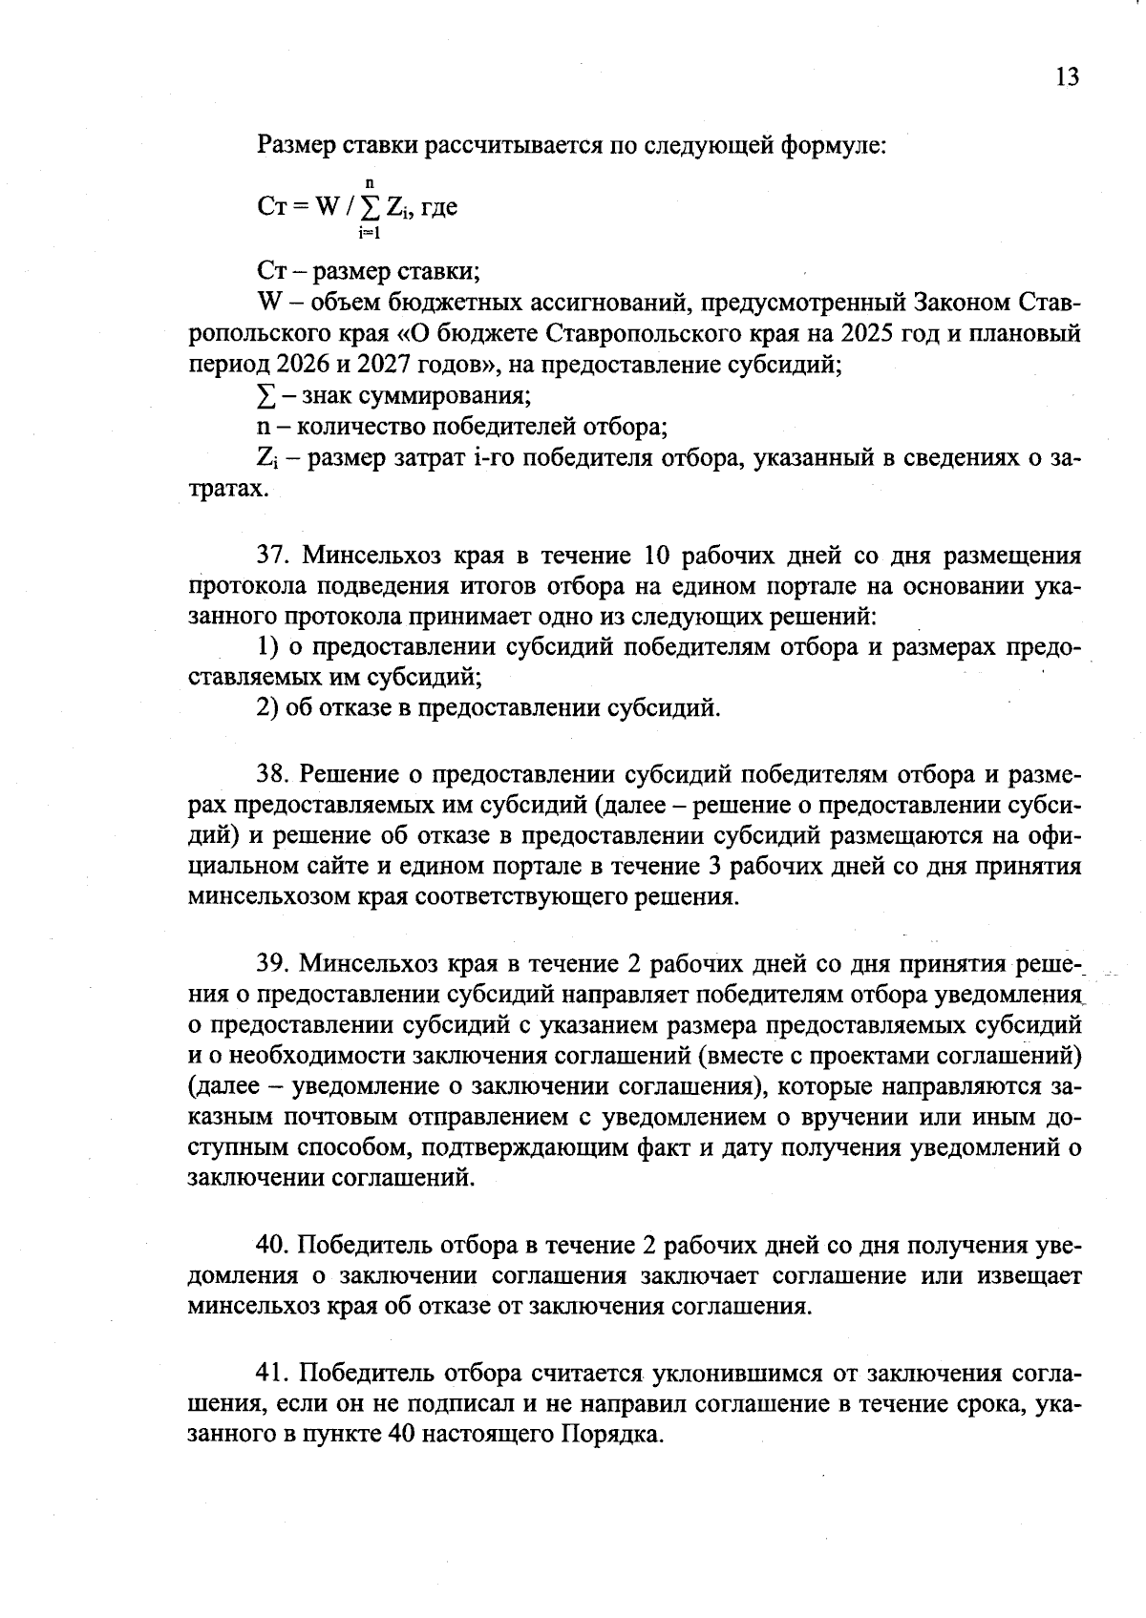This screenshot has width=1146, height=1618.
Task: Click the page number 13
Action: [1067, 77]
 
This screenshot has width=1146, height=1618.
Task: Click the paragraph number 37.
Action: [272, 556]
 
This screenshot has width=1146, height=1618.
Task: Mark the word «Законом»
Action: [960, 304]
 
